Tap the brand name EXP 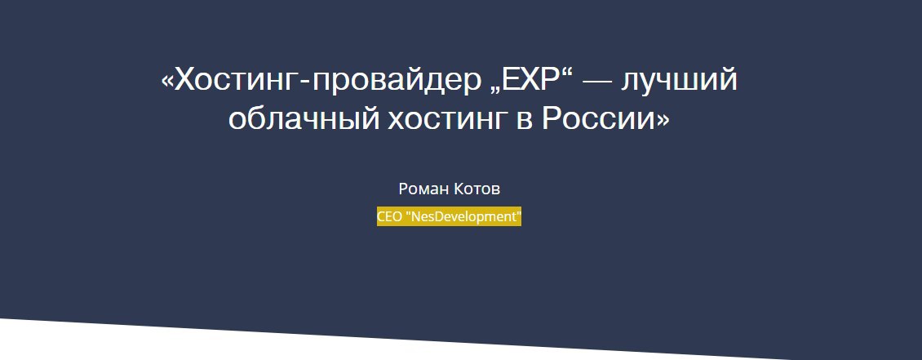[x=525, y=79]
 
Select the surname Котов [x=477, y=189]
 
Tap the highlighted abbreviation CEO [x=389, y=216]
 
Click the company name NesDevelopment [x=463, y=217]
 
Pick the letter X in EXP [x=525, y=79]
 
